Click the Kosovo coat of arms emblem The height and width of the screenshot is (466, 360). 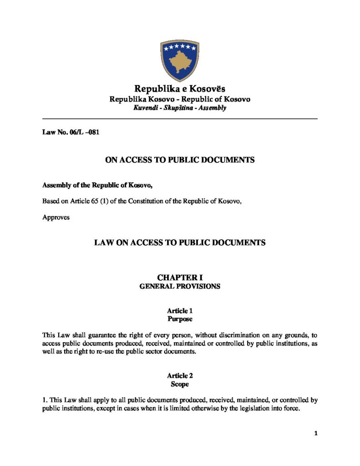point(180,60)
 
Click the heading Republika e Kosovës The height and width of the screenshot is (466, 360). point(180,88)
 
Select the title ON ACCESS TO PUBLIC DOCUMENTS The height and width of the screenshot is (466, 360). point(180,160)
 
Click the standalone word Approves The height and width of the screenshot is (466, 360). point(56,217)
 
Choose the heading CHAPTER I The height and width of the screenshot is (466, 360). point(180,277)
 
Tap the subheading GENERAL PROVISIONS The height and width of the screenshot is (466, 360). point(180,287)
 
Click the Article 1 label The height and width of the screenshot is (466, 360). point(180,311)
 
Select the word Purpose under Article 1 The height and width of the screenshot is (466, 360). point(180,319)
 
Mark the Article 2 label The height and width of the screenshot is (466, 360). point(180,376)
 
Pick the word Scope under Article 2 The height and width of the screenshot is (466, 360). point(180,385)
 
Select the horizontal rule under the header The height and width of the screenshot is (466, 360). point(180,119)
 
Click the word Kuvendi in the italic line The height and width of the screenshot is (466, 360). point(145,108)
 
